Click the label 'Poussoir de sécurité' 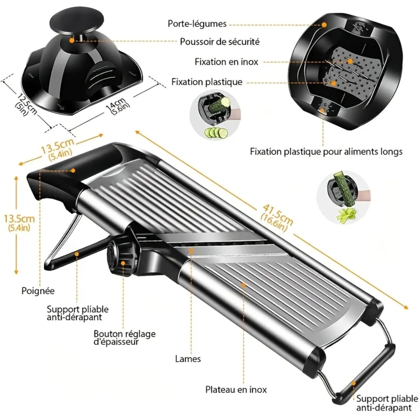coord(220,41)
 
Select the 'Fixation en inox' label coord(226,62)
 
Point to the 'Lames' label coord(188,359)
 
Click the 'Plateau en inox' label coord(236,389)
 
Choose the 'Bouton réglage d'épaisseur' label coord(124,338)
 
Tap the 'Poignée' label coord(38,290)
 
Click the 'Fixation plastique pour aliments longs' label coord(326,151)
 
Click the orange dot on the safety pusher coord(72,41)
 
